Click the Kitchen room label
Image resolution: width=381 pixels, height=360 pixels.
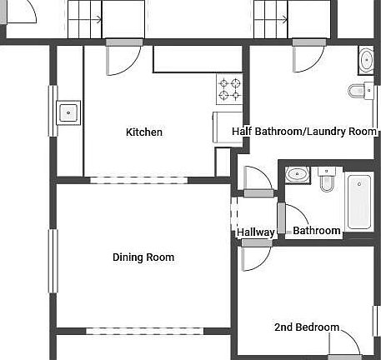click(x=143, y=132)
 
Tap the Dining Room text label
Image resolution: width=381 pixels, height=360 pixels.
click(x=143, y=257)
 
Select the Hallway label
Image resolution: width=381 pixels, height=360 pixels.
click(x=256, y=232)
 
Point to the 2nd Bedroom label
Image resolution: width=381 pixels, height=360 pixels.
click(x=307, y=327)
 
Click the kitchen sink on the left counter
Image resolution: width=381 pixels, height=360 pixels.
click(x=68, y=112)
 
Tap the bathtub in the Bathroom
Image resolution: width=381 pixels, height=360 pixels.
click(x=358, y=201)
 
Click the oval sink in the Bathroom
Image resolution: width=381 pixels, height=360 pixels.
click(x=297, y=174)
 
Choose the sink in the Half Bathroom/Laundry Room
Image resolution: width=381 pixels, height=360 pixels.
click(x=367, y=60)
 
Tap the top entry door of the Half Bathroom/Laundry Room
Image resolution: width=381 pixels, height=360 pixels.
click(x=308, y=57)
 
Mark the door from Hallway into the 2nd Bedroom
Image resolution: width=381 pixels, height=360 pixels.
click(x=253, y=256)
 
